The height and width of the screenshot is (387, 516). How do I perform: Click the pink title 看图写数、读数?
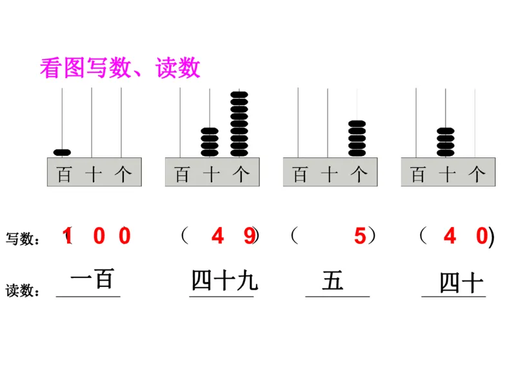(120, 68)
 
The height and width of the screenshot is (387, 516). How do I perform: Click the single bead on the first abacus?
(62, 153)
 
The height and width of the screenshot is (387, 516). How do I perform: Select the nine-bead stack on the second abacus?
(239, 124)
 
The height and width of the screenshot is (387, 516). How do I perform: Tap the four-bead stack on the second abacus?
(210, 142)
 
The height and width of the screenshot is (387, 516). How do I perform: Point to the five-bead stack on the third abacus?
(357, 138)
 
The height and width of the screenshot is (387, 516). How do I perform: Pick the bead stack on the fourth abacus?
(446, 142)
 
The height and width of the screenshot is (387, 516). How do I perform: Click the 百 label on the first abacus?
(64, 174)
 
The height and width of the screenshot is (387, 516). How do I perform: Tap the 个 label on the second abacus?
(241, 174)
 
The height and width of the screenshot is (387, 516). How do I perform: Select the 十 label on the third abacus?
(329, 174)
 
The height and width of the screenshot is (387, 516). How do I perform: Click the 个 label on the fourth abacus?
(477, 174)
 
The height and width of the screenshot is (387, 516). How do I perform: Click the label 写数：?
(22, 239)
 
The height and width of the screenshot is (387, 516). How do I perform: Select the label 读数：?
(22, 292)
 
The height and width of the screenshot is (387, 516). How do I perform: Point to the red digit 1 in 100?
(68, 237)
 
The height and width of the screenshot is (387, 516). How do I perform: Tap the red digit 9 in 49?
(249, 237)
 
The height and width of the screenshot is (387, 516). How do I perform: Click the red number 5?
(360, 237)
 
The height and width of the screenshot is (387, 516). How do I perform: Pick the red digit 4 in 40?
(450, 237)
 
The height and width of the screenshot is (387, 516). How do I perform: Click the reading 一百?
(92, 280)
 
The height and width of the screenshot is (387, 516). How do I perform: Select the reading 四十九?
(224, 281)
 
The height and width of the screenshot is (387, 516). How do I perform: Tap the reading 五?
(333, 281)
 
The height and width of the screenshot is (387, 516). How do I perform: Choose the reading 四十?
(461, 283)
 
